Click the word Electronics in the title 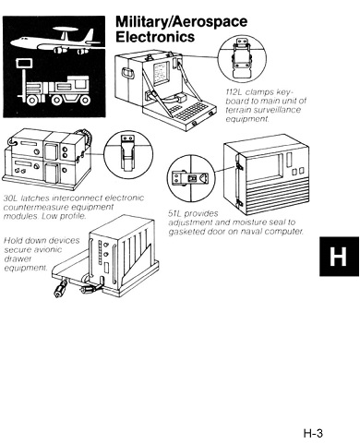(x=154, y=38)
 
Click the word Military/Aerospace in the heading (x=174, y=22)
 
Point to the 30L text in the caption (x=11, y=197)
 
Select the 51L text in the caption (x=178, y=213)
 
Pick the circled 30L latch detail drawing (x=126, y=152)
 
